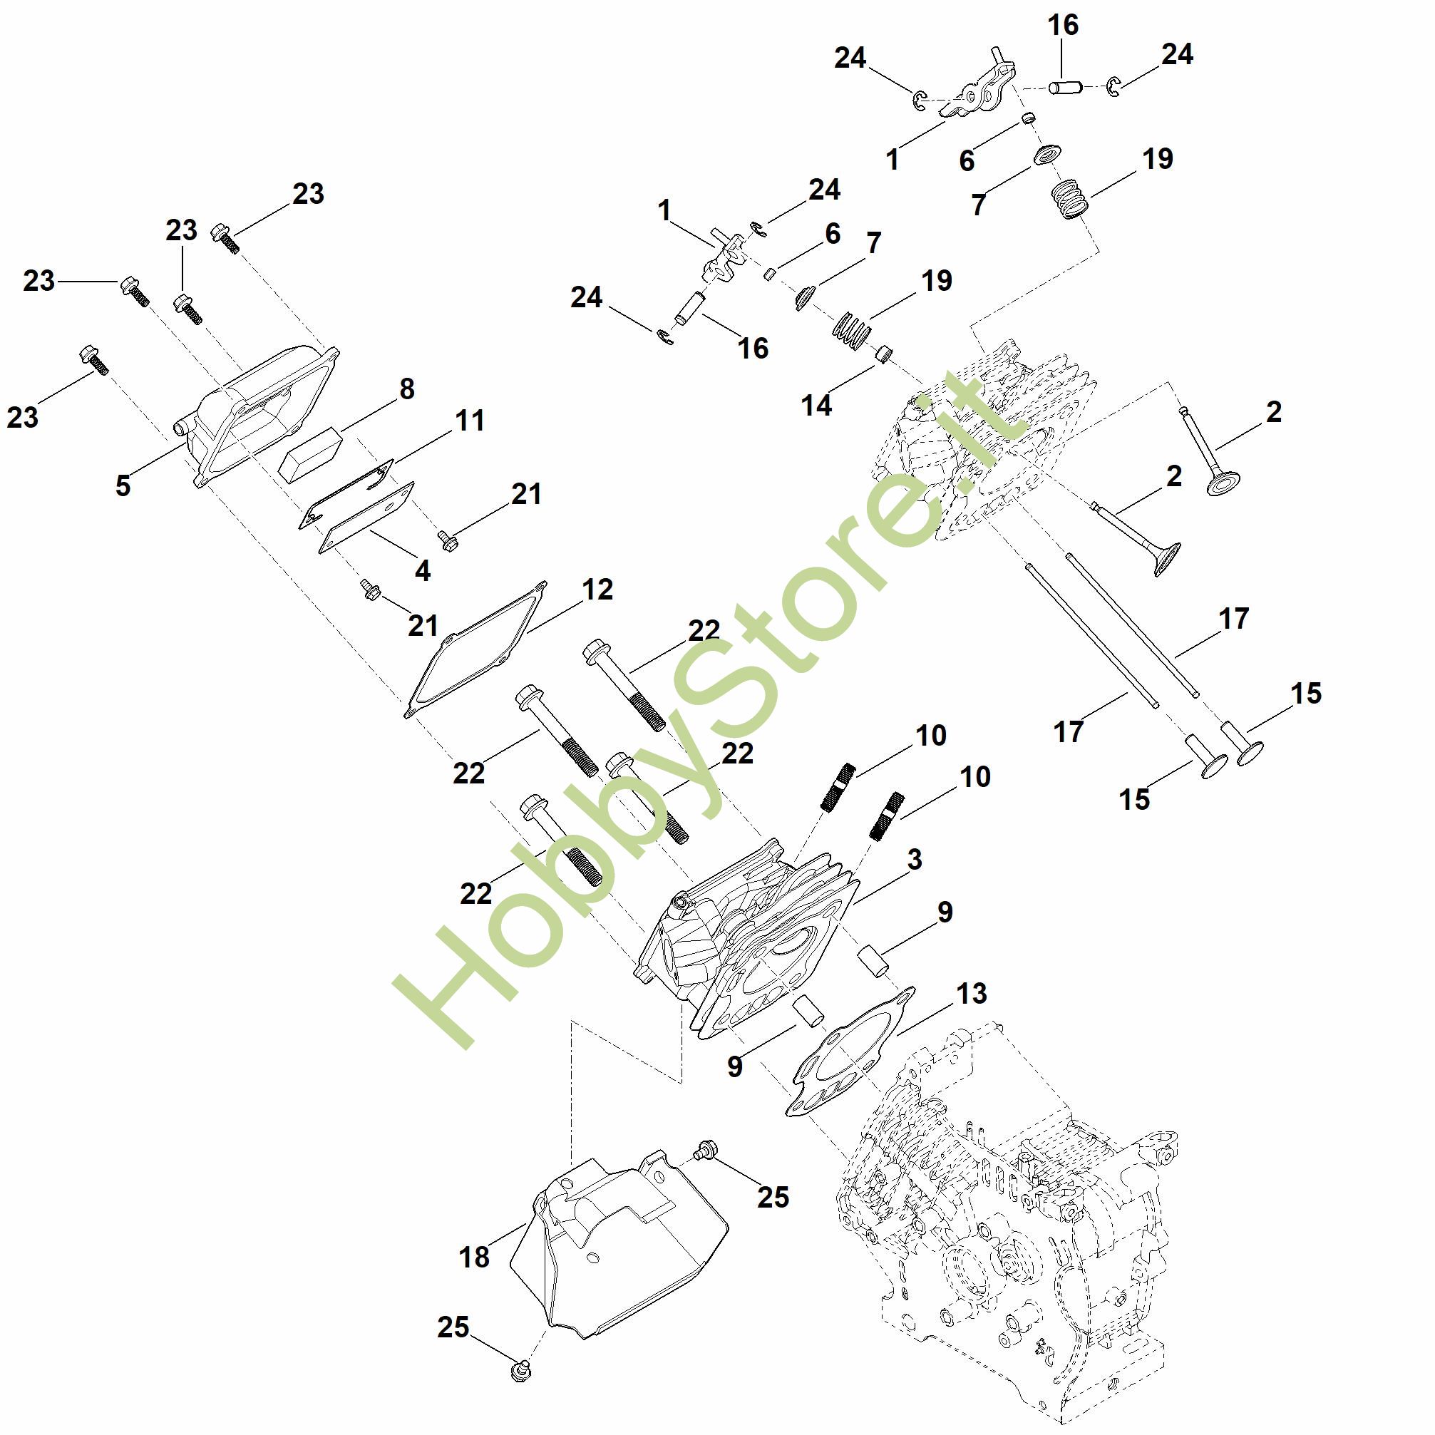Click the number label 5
(123, 485)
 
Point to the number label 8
(406, 389)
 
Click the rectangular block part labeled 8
(313, 450)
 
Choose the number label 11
(469, 421)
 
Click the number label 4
(423, 570)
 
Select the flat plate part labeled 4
(366, 518)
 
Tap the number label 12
(597, 590)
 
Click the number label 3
(915, 860)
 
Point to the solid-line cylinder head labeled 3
(750, 936)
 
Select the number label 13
(972, 994)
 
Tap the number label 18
(474, 1257)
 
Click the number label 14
(816, 406)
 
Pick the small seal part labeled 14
(883, 354)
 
